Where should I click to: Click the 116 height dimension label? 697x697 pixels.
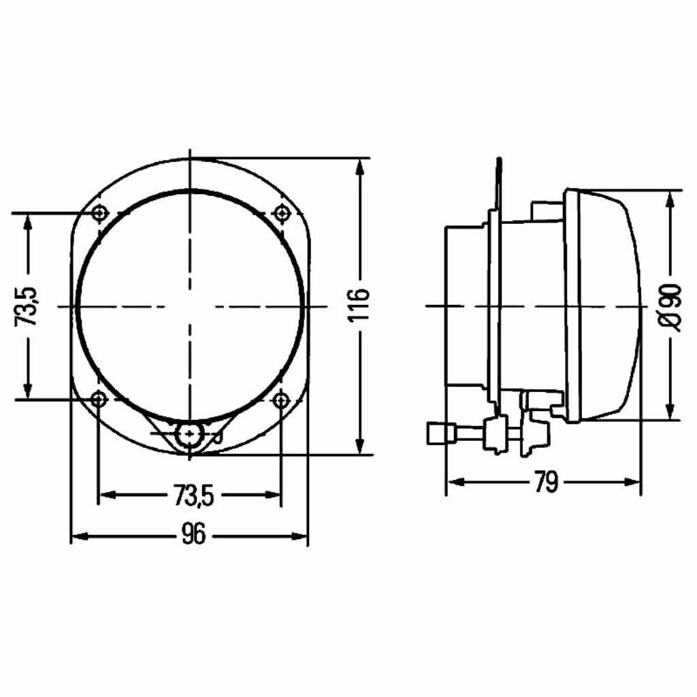coord(358,305)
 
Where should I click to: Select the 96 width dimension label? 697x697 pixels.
coord(194,534)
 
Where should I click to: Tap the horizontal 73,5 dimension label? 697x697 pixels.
coord(194,496)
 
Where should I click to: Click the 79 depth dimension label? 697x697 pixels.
coord(547,482)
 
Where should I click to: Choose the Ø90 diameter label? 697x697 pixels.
coord(670,308)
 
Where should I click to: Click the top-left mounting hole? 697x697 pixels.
coord(99,213)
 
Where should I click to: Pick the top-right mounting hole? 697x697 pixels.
coord(281,213)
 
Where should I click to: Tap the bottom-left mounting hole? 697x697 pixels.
coord(99,400)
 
